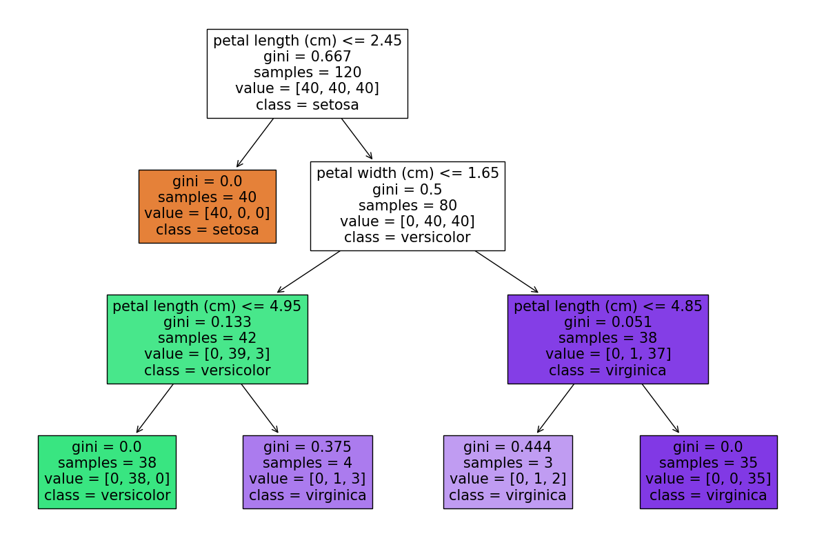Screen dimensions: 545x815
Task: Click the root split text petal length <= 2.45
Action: tap(307, 41)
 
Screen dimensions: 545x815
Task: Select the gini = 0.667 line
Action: tap(307, 57)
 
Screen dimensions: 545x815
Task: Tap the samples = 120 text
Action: tap(307, 72)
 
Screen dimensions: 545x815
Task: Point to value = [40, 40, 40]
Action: tap(307, 88)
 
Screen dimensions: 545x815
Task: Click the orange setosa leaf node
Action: tap(207, 206)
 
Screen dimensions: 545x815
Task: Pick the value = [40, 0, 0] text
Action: tap(207, 213)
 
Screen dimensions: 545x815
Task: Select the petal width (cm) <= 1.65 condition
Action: tap(407, 173)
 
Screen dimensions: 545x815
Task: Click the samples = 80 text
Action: tap(407, 205)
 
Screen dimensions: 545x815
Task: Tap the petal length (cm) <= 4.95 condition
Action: tap(207, 306)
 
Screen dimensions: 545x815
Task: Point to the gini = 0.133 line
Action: tap(207, 322)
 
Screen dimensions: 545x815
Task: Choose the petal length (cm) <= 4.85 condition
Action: tap(607, 306)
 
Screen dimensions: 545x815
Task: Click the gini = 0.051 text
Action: tap(607, 322)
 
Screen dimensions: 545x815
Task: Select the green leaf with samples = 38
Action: tap(107, 472)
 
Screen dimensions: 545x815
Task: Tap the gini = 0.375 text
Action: tap(308, 447)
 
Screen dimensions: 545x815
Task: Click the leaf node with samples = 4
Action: tap(308, 472)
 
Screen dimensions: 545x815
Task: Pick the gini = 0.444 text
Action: tap(507, 447)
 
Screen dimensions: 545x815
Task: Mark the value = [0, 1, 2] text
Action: tap(507, 479)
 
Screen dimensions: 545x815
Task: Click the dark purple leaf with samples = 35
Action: tap(708, 472)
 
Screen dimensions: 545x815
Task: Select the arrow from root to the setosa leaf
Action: tap(255, 143)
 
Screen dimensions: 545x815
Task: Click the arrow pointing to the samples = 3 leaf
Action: tap(556, 408)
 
